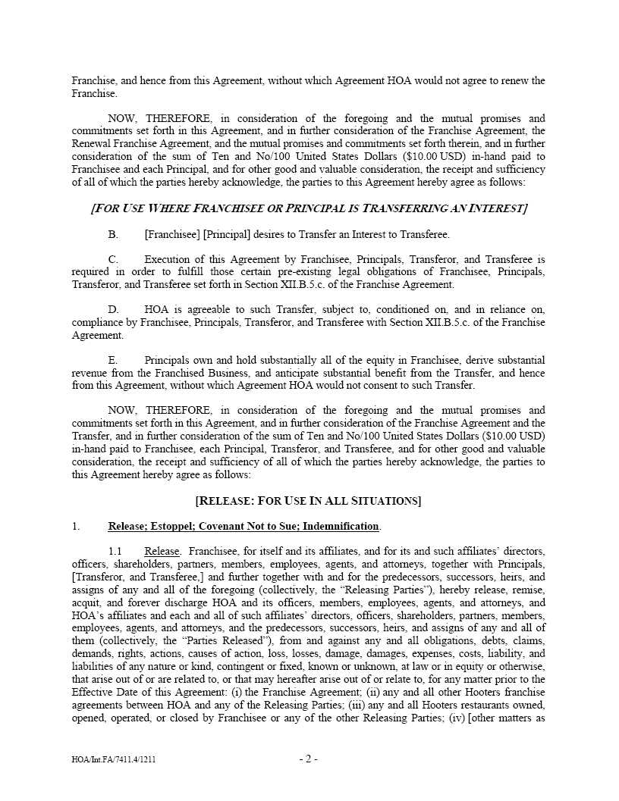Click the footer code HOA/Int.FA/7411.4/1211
point(114,759)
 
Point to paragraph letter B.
point(113,234)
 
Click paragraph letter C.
point(113,259)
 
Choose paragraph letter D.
point(113,310)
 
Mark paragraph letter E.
point(113,360)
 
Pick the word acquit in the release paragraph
point(86,602)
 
